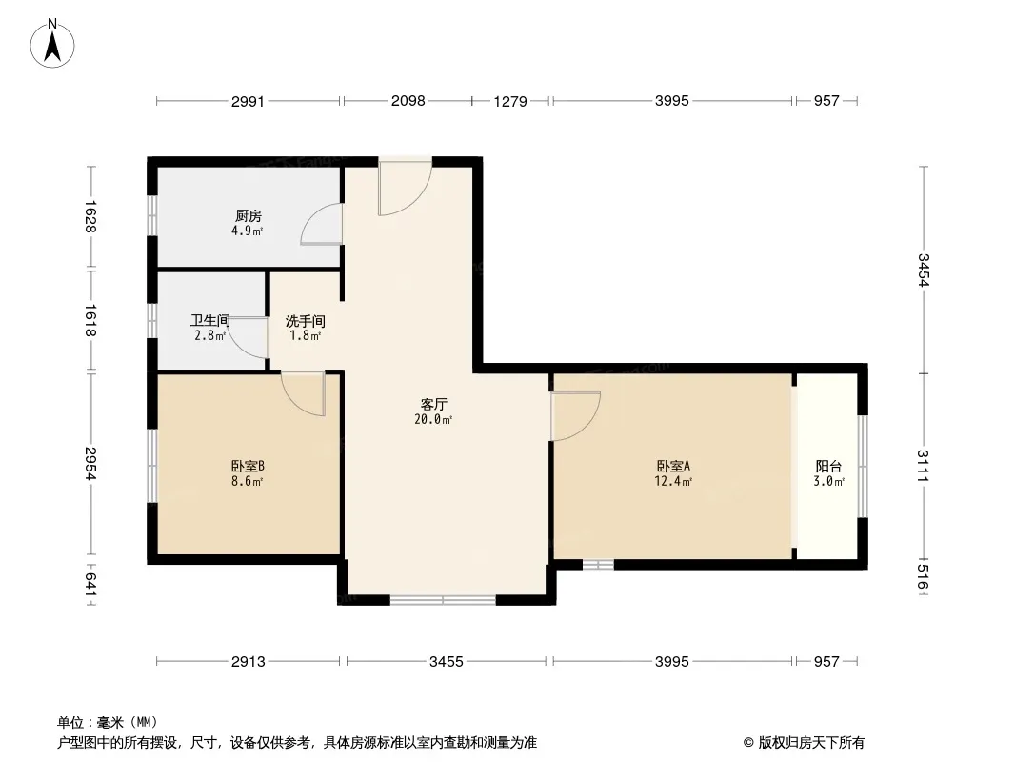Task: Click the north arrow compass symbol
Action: point(52,43)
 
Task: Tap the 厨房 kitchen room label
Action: point(249,215)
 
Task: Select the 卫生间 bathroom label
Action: point(210,320)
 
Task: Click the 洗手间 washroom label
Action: point(306,321)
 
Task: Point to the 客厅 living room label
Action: point(433,405)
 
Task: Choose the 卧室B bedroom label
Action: point(248,466)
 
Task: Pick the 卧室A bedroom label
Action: point(674,466)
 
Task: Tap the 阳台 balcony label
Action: point(828,466)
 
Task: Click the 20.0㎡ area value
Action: point(433,419)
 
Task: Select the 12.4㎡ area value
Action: point(674,481)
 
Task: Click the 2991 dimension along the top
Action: point(248,101)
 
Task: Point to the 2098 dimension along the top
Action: point(408,100)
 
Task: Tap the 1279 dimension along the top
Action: point(510,101)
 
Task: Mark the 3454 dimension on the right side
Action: point(924,270)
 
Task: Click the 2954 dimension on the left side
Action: point(90,464)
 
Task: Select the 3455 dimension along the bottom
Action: point(447,662)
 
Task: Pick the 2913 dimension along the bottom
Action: point(249,662)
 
